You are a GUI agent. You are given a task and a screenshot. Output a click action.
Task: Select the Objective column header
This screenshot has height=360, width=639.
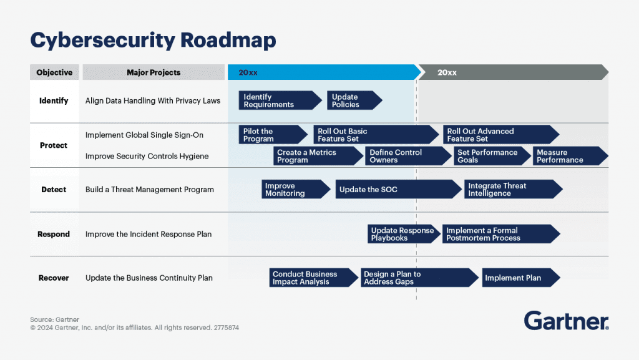point(54,72)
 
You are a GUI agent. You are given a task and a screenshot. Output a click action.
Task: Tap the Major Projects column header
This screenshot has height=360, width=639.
point(154,72)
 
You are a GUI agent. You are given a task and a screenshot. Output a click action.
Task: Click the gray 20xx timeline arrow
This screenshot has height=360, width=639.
point(512,72)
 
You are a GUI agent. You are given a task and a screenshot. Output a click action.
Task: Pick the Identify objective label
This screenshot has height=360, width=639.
point(54,100)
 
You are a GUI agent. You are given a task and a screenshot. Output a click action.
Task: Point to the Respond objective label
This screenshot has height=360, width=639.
point(54,234)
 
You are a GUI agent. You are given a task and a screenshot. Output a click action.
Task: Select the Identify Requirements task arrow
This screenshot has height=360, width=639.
point(278,100)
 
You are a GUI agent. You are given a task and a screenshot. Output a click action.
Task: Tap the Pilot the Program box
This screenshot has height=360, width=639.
point(272,135)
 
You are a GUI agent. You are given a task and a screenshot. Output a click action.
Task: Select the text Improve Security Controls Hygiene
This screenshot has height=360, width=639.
point(147,156)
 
